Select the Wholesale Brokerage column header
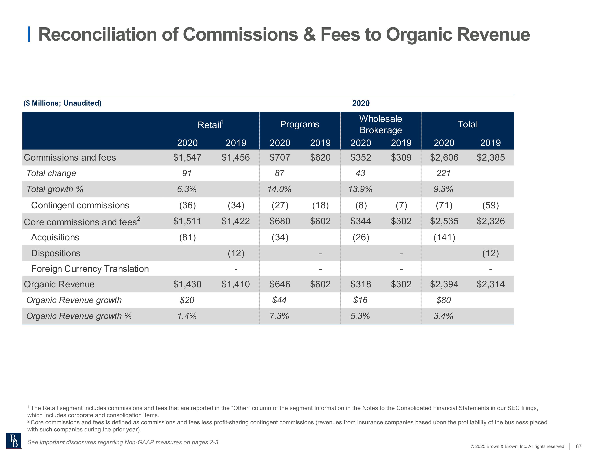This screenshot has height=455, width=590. pos(380,124)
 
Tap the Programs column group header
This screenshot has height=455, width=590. pos(299,124)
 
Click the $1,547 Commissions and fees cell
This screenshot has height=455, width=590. pos(187,157)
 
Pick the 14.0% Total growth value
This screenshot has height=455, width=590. pos(279,189)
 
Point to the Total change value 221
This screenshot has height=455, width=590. pos(443,173)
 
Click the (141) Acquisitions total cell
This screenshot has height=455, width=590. pos(444,237)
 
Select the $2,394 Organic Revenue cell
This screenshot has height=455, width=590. pos(444,284)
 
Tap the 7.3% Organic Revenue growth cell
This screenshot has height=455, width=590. pos(279,316)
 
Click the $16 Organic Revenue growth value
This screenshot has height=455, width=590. pos(360,300)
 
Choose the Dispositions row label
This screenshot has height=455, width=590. pos(56,253)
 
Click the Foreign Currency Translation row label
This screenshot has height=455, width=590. pos(90,269)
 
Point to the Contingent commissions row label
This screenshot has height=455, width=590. pos(80,205)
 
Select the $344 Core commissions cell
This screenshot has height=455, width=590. pos(361,221)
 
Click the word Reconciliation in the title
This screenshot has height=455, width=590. pos(108,35)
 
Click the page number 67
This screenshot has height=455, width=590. pos(578,446)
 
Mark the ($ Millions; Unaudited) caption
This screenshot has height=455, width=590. pos(62,103)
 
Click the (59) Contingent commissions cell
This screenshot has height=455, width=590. pos(490,205)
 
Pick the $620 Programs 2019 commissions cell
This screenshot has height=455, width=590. pos(320,157)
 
